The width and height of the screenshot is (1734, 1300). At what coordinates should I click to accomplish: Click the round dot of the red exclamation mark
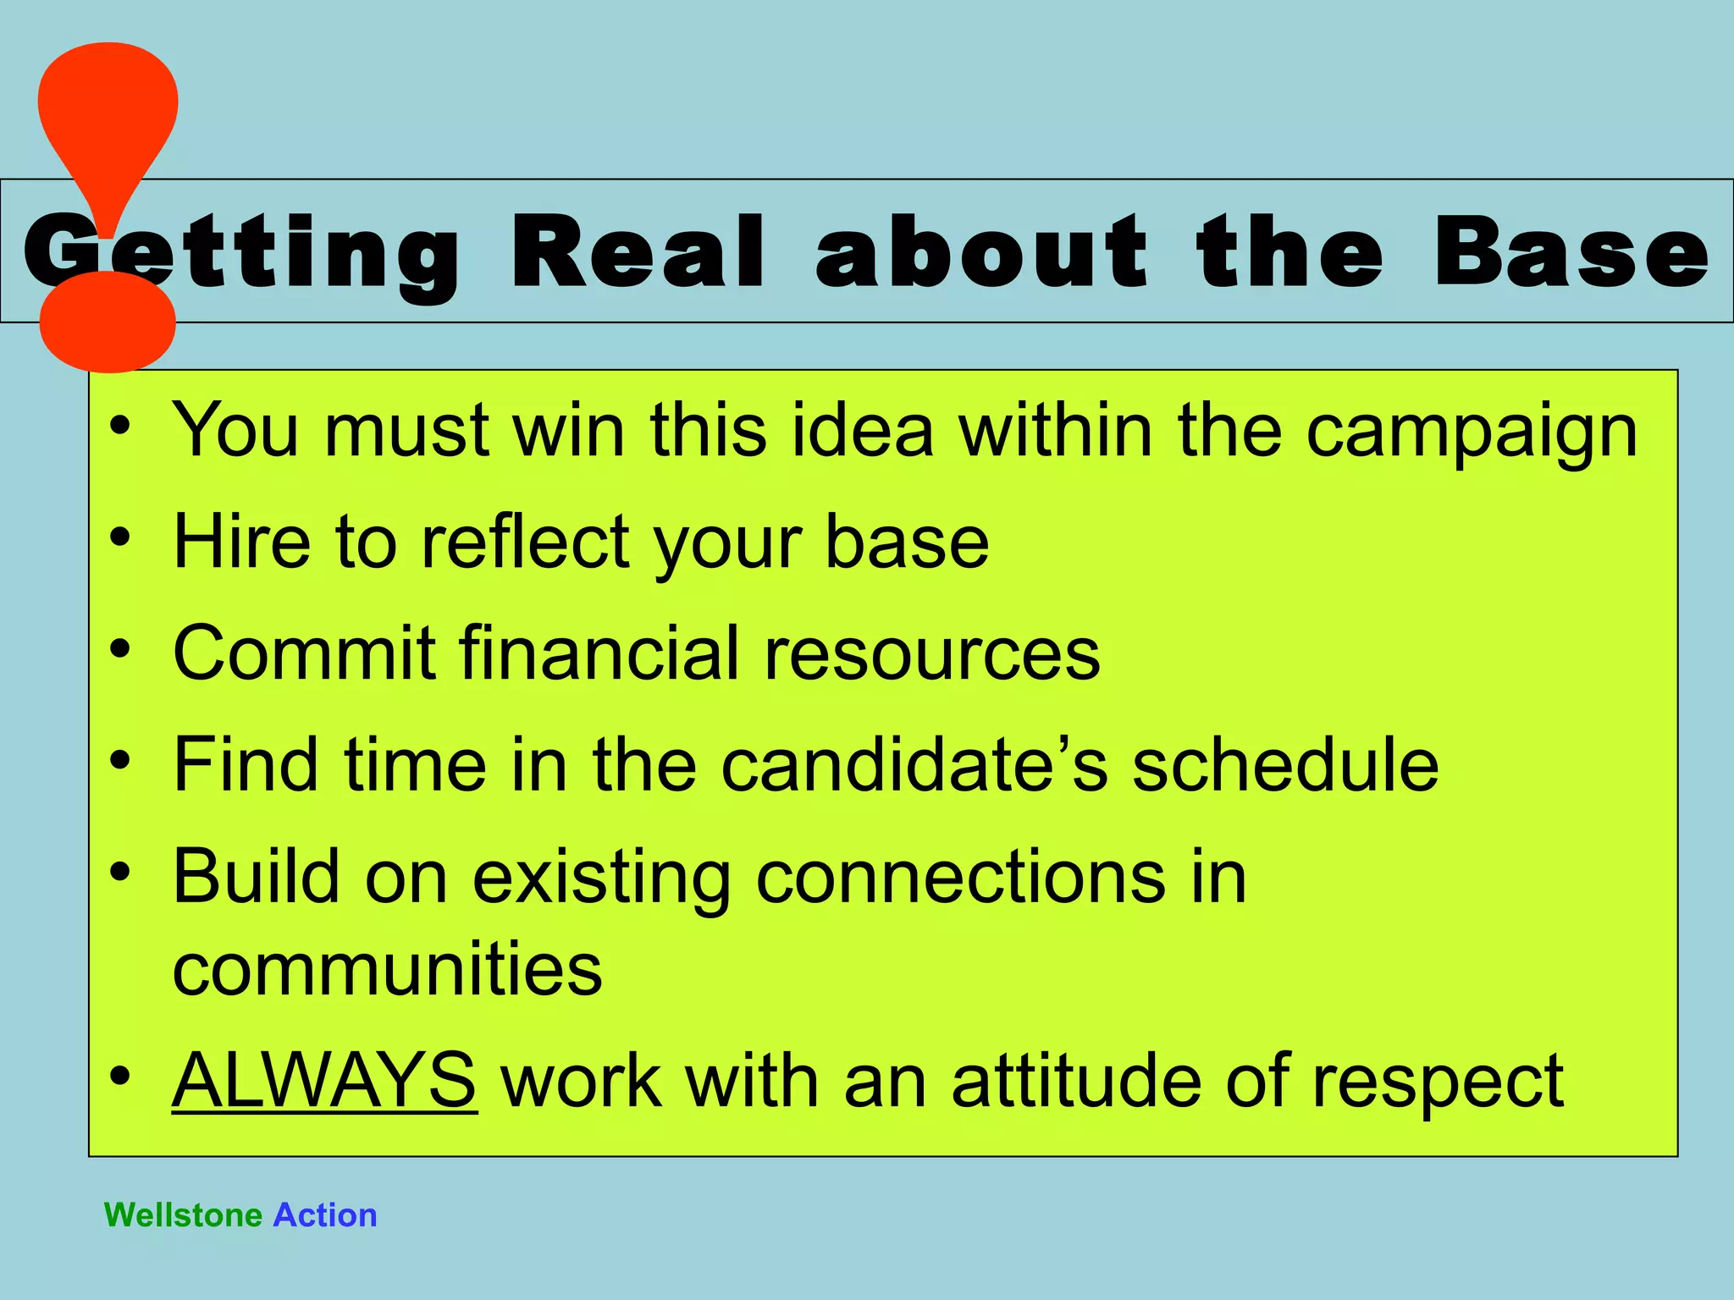108,322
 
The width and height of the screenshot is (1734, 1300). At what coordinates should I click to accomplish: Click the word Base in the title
1571,251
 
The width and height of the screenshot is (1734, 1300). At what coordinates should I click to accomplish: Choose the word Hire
241,541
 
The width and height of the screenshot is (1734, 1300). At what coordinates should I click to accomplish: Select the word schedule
1285,764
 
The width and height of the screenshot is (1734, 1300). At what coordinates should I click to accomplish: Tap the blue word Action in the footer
325,1215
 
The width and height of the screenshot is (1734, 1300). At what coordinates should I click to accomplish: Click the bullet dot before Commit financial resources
120,649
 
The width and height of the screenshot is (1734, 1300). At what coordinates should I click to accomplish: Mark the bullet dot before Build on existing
120,872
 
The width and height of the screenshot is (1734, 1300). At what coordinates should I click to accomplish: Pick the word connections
960,877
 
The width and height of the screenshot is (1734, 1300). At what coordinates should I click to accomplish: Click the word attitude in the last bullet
1076,1081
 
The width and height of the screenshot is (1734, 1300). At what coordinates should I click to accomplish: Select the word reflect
525,541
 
